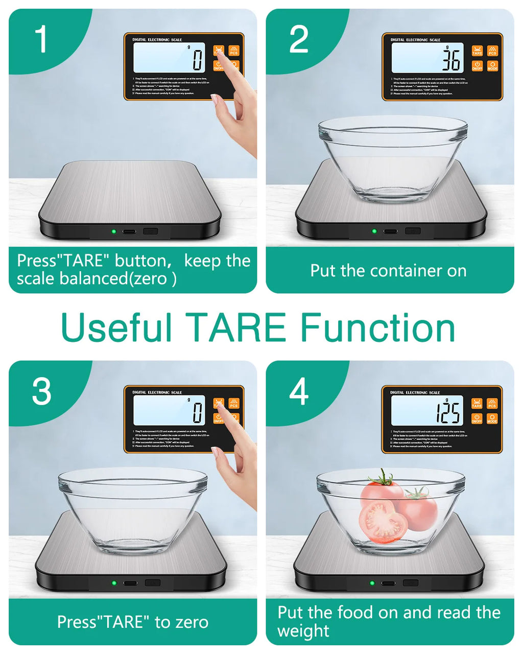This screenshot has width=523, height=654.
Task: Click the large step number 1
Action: pos(41,39)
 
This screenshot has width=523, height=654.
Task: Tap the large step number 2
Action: pos(299,39)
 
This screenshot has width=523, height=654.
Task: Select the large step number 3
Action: pos(41,392)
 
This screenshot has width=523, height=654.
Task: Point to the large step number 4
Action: pos(299,392)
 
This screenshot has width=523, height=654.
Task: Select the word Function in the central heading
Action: pos(377,328)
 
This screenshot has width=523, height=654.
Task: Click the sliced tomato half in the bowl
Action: pos(384,523)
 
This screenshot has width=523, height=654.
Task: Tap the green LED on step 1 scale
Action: pos(114,231)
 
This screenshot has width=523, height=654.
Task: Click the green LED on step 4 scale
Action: pos(372,583)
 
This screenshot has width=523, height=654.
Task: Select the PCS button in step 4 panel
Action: pos(492,404)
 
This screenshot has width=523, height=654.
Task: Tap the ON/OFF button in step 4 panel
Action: pos(477,419)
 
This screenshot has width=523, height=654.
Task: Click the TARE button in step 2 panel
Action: pos(477,50)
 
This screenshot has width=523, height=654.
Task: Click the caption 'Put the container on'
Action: pos(388,271)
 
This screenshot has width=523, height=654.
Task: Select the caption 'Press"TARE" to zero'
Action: pos(132,622)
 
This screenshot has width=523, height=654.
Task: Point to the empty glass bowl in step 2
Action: pos(392,158)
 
